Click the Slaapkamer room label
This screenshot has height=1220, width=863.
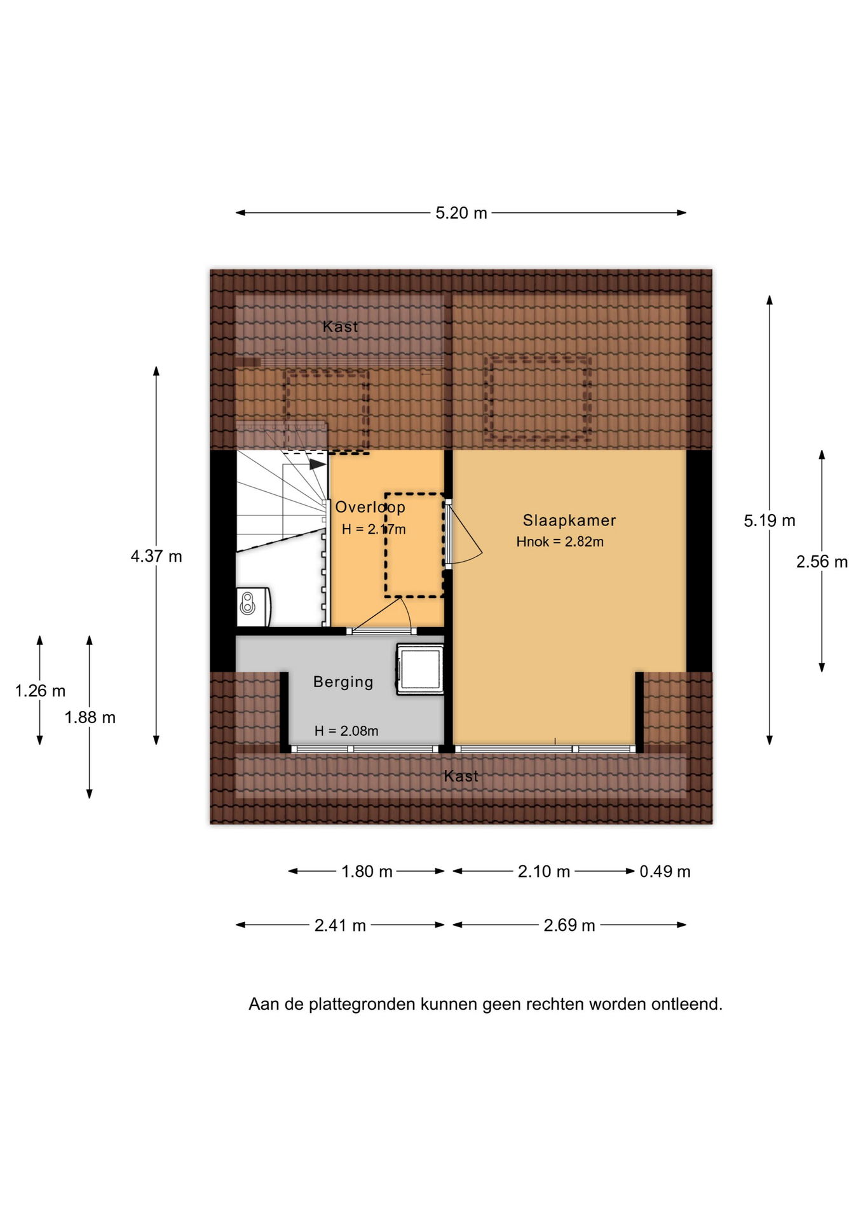[569, 520]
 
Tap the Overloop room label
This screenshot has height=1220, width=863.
[370, 507]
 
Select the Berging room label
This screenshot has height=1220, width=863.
[343, 682]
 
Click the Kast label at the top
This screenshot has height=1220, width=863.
[340, 327]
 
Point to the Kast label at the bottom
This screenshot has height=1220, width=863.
[461, 776]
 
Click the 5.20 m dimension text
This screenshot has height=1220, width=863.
[461, 213]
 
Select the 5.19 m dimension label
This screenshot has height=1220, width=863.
[770, 521]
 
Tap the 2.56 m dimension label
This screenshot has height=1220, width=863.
[822, 562]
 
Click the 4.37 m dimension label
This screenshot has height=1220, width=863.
[156, 557]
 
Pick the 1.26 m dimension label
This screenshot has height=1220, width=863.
[40, 691]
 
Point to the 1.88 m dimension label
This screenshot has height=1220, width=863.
[90, 717]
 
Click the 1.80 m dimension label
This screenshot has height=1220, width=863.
[367, 871]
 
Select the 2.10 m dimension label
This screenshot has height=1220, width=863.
[543, 871]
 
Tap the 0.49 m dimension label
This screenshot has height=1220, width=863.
[665, 871]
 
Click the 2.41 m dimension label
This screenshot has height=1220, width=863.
[340, 925]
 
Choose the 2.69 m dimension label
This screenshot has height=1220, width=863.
[569, 925]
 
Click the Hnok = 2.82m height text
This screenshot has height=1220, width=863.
[560, 542]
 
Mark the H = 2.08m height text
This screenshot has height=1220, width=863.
[346, 731]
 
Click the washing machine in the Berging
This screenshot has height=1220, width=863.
[420, 669]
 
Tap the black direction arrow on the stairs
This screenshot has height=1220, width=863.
[318, 464]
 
